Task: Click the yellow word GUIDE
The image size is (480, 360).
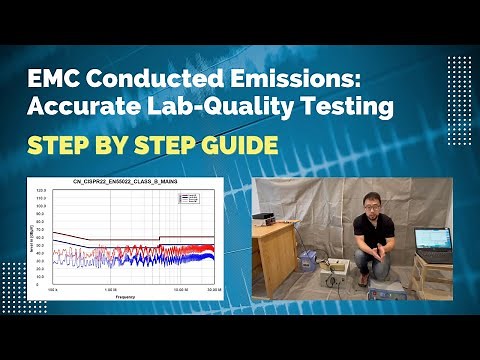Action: click(x=234, y=145)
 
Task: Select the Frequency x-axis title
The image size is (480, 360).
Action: click(x=125, y=296)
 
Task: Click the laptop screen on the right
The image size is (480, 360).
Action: click(x=433, y=239)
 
